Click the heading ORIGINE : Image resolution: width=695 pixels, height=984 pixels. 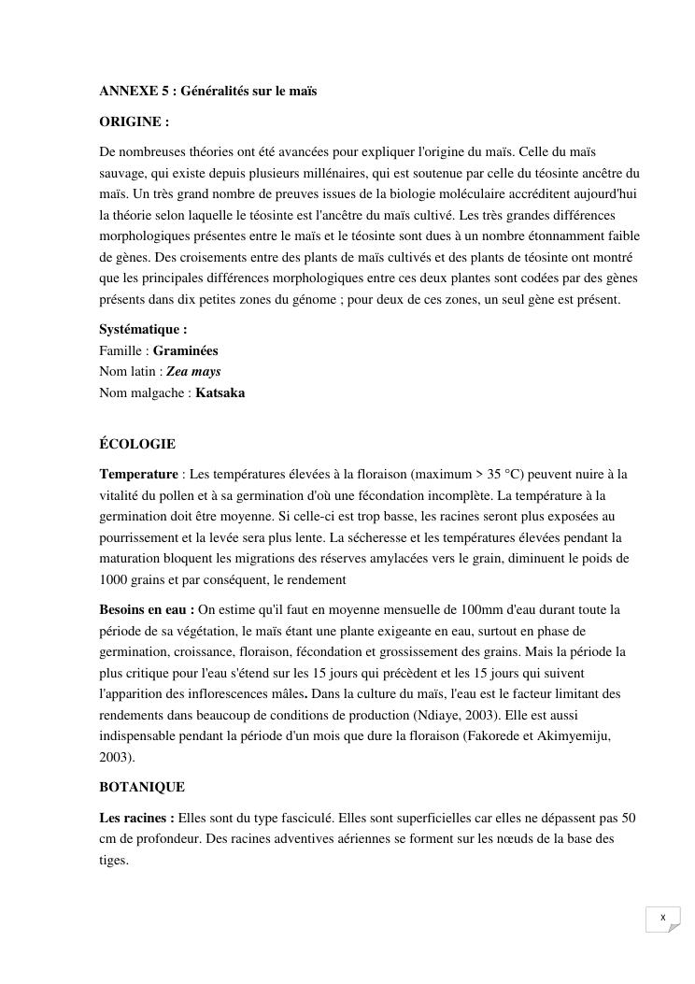pos(135,121)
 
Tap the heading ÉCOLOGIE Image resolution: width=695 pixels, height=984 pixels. pos(137,444)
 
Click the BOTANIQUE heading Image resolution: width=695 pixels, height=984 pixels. pos(142,787)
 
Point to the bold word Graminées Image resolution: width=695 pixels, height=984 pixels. pos(185,350)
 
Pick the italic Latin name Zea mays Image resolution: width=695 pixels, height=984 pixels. pos(193,371)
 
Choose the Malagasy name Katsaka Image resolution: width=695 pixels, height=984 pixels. pos(220,392)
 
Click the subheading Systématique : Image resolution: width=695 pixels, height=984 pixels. pos(143,329)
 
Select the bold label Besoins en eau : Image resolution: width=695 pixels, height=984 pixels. pos(147,609)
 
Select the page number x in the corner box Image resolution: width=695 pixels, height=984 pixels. pos(662,918)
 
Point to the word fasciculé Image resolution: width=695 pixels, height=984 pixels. pos(304,818)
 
